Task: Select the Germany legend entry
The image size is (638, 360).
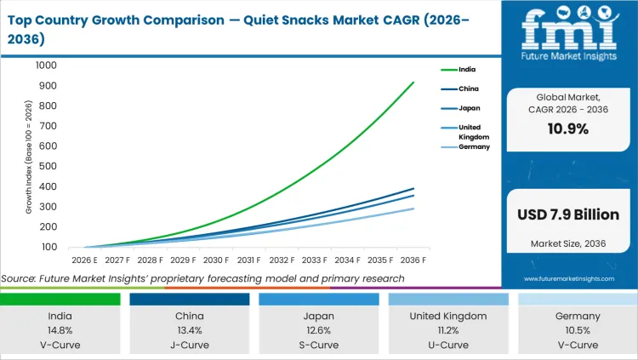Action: click(x=475, y=146)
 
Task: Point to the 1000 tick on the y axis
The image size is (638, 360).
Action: click(x=46, y=66)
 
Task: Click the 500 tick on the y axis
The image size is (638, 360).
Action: click(x=48, y=167)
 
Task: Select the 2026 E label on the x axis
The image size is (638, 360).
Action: click(x=85, y=260)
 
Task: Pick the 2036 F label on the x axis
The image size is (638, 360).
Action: click(x=413, y=260)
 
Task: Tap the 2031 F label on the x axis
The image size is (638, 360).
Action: click(x=249, y=260)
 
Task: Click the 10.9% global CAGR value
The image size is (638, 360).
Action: click(x=570, y=129)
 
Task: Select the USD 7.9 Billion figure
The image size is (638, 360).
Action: click(x=570, y=214)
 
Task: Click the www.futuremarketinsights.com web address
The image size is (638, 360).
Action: click(x=570, y=278)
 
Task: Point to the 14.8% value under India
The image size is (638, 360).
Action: click(x=60, y=330)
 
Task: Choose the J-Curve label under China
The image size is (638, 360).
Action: click(x=190, y=345)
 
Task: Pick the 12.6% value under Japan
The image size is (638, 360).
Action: click(x=319, y=330)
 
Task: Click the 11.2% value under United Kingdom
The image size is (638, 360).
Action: click(x=448, y=330)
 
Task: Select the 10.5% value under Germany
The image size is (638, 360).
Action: click(x=578, y=330)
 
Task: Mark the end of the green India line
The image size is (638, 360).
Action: click(x=413, y=83)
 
